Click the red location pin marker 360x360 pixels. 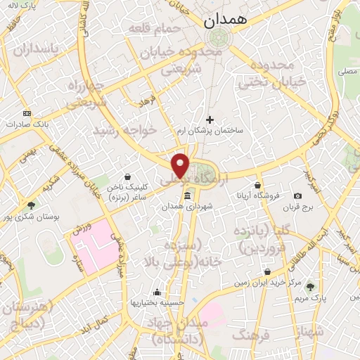(x=181, y=165)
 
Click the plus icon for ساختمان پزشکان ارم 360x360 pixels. (x=210, y=120)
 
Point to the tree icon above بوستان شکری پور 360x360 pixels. (x=31, y=205)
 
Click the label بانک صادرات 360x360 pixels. (x=25, y=124)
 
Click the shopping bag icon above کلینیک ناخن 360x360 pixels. (x=127, y=176)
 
